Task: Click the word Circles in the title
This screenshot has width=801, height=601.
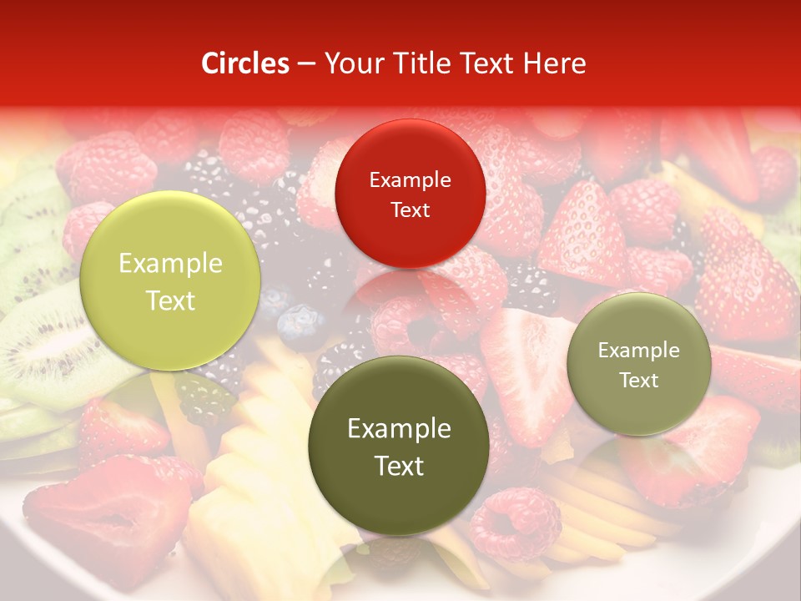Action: tap(245, 63)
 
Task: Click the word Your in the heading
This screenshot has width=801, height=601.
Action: tap(350, 63)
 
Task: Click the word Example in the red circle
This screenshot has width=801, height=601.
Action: tap(410, 179)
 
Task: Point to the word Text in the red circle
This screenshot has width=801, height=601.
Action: tap(410, 210)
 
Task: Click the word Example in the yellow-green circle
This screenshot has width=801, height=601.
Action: tap(170, 264)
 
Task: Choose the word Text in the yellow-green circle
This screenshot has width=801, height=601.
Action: tap(170, 300)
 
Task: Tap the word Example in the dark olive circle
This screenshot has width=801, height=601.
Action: tap(399, 429)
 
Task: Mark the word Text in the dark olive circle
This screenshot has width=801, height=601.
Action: tap(399, 466)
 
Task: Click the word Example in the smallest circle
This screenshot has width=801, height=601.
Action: tap(639, 351)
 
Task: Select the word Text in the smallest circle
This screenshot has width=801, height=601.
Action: tap(639, 381)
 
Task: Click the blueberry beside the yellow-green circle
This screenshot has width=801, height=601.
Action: tap(299, 326)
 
